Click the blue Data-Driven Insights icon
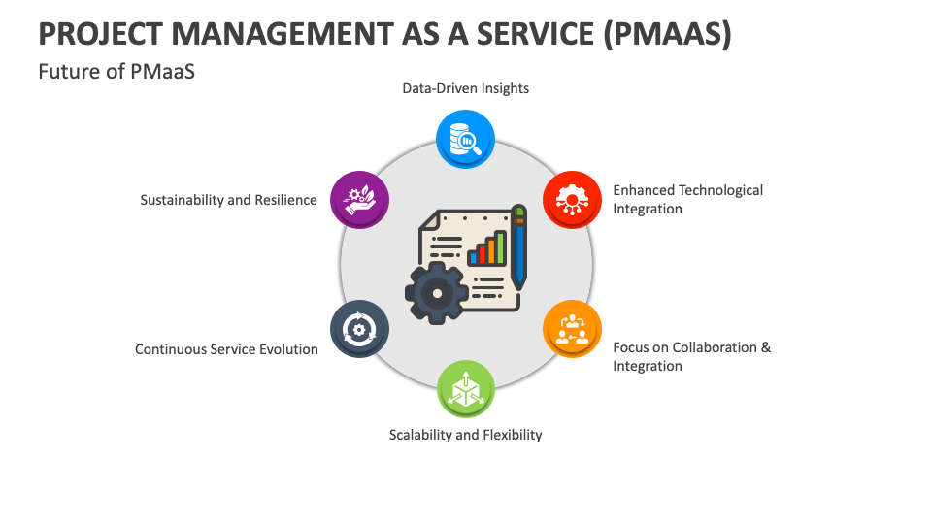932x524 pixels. pyautogui.click(x=466, y=139)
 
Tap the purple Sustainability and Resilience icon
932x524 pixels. pyautogui.click(x=360, y=199)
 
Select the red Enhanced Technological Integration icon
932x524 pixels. pyautogui.click(x=572, y=199)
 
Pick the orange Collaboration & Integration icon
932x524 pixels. pyautogui.click(x=572, y=328)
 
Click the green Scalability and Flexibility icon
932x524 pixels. pyautogui.click(x=466, y=389)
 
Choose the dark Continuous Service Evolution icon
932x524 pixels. pyautogui.click(x=360, y=328)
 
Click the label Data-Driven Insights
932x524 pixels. pyautogui.click(x=466, y=88)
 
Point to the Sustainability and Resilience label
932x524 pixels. pyautogui.click(x=228, y=200)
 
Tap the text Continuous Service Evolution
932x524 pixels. pyautogui.click(x=226, y=349)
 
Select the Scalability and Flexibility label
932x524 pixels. pyautogui.click(x=465, y=435)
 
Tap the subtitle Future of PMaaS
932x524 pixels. pyautogui.click(x=116, y=71)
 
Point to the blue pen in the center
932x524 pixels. pyautogui.click(x=518, y=247)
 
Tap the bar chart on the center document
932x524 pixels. pyautogui.click(x=488, y=248)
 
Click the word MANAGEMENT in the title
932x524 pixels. pyautogui.click(x=279, y=33)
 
